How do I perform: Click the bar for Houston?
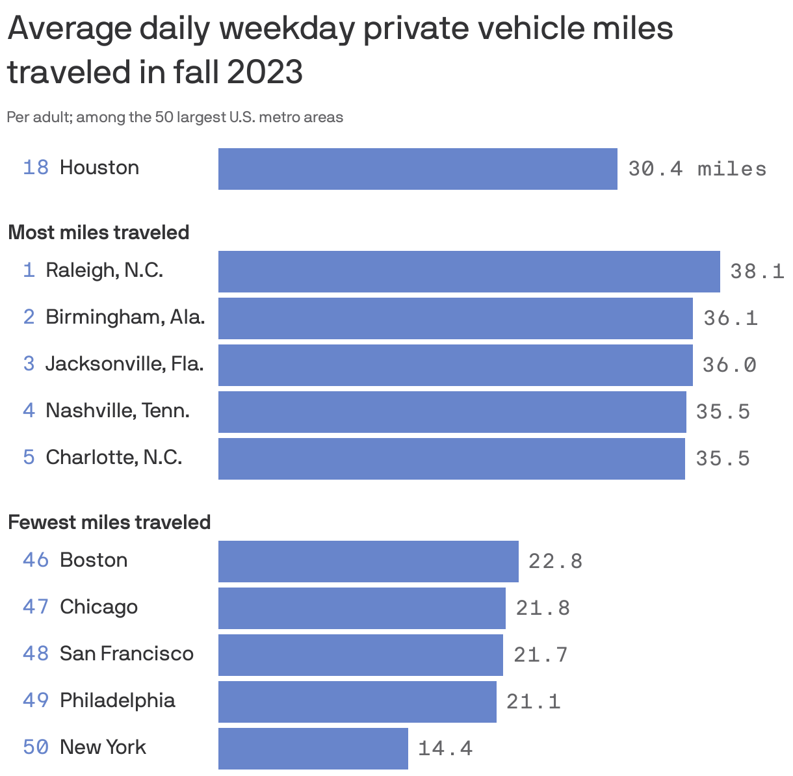[x=417, y=169]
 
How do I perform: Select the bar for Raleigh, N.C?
[x=469, y=271]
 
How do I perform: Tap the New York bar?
[x=313, y=748]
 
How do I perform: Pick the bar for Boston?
[x=368, y=561]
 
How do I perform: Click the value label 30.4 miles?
[x=697, y=169]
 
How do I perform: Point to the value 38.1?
[x=757, y=271]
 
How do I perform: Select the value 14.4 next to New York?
[x=445, y=748]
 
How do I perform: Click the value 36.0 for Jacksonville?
[x=729, y=365]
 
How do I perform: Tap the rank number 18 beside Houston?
[x=36, y=168]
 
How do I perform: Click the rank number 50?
[x=36, y=747]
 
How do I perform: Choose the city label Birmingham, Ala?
[x=125, y=317]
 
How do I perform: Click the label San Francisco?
[x=126, y=653]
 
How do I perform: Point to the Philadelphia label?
[x=117, y=700]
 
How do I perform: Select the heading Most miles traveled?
[x=99, y=232]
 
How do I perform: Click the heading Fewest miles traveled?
[x=109, y=522]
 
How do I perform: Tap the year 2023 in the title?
[x=265, y=71]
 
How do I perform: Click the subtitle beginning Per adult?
[x=175, y=118]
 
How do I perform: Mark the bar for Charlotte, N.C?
[x=451, y=459]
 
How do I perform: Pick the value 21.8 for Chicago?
[x=543, y=608]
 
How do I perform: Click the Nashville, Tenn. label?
[x=117, y=411]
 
